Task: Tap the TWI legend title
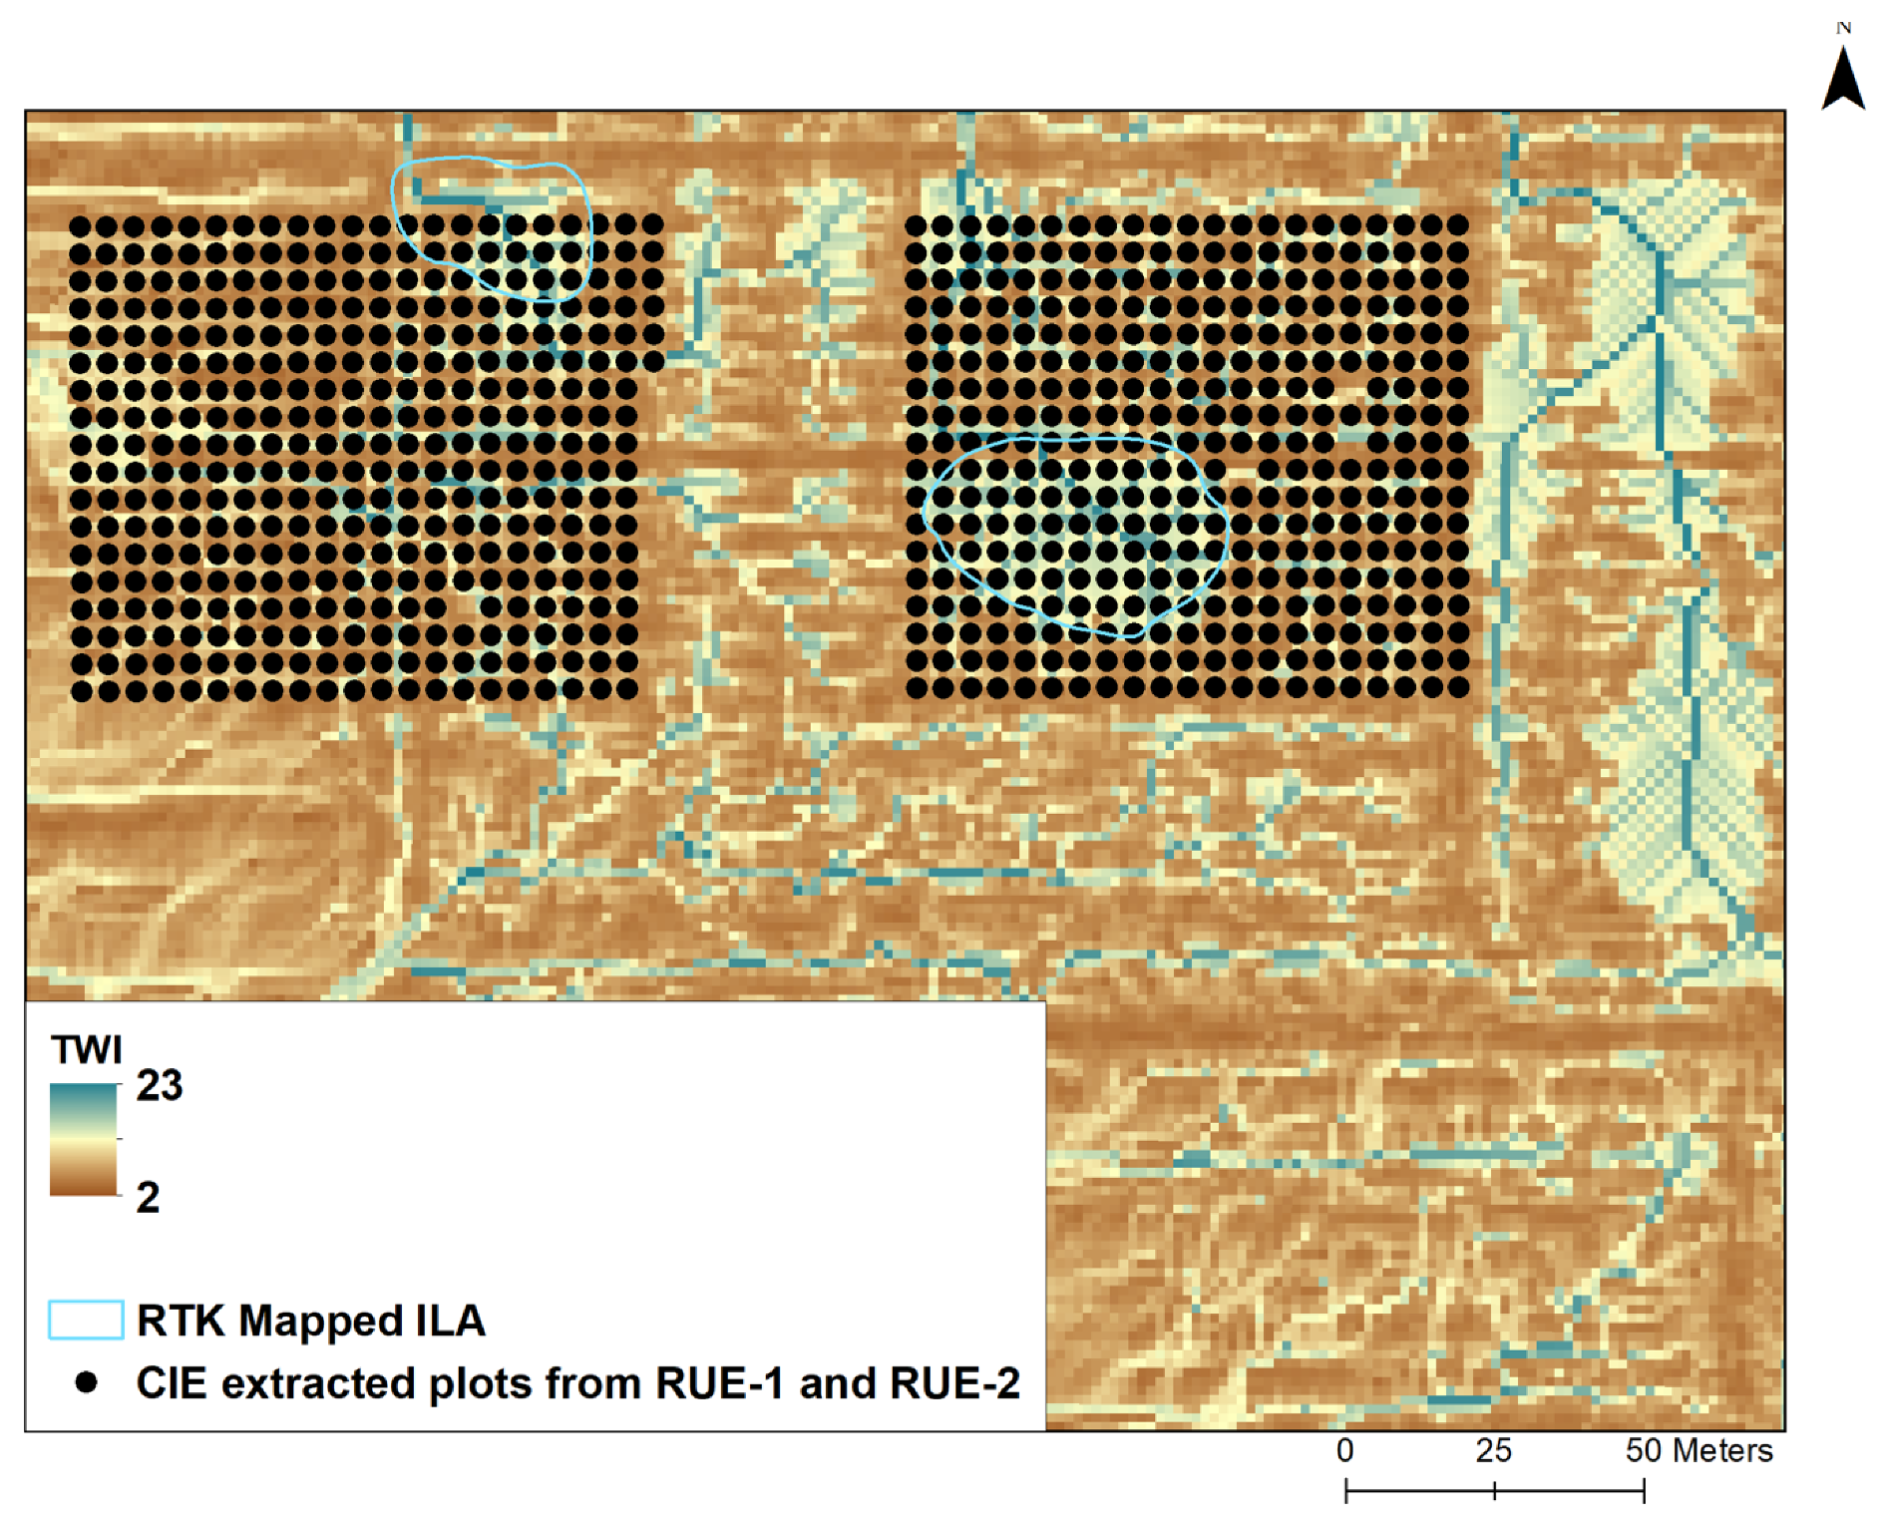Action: (x=87, y=1049)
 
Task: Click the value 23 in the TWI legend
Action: (x=160, y=1085)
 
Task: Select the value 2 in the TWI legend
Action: (x=148, y=1197)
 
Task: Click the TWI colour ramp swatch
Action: (x=84, y=1140)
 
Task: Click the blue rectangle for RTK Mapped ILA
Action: (x=86, y=1320)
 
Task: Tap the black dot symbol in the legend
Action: (x=87, y=1382)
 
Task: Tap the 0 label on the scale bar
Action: (x=1345, y=1450)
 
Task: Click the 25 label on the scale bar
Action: (x=1493, y=1450)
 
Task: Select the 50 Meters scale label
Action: (x=1698, y=1450)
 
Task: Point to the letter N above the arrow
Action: (x=1844, y=28)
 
